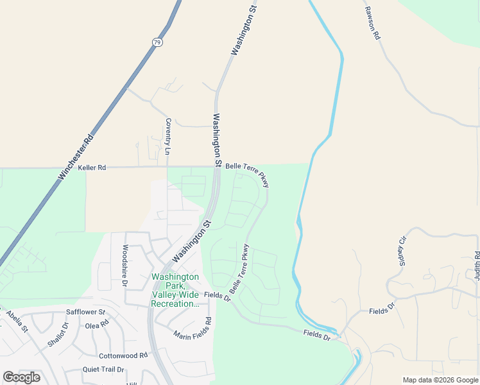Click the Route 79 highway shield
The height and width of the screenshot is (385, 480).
[157, 42]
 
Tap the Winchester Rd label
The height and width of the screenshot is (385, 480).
[76, 156]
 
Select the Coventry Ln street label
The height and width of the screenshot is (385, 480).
[168, 137]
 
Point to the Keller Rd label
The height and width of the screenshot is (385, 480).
[92, 167]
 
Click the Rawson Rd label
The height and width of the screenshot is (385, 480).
[372, 24]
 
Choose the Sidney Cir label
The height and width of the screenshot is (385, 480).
[403, 251]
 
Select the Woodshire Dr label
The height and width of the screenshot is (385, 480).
[126, 264]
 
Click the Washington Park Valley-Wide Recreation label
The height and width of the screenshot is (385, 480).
[175, 291]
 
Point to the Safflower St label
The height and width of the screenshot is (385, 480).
[85, 312]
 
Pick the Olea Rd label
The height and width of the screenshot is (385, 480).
[97, 325]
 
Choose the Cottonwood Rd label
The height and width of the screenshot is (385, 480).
[123, 355]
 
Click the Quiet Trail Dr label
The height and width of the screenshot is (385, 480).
[103, 370]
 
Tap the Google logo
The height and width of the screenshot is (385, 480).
[21, 377]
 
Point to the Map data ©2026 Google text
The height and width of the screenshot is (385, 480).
[440, 380]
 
